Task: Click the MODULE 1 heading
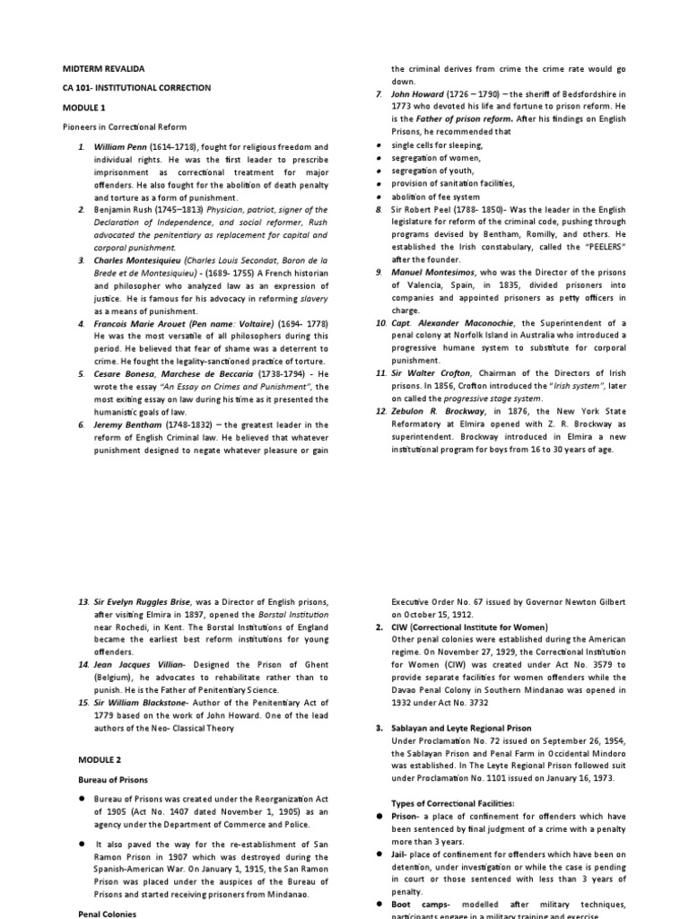82,107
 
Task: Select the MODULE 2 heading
82,759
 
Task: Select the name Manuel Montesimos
432,271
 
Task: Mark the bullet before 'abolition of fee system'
381,196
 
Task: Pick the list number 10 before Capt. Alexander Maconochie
380,322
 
